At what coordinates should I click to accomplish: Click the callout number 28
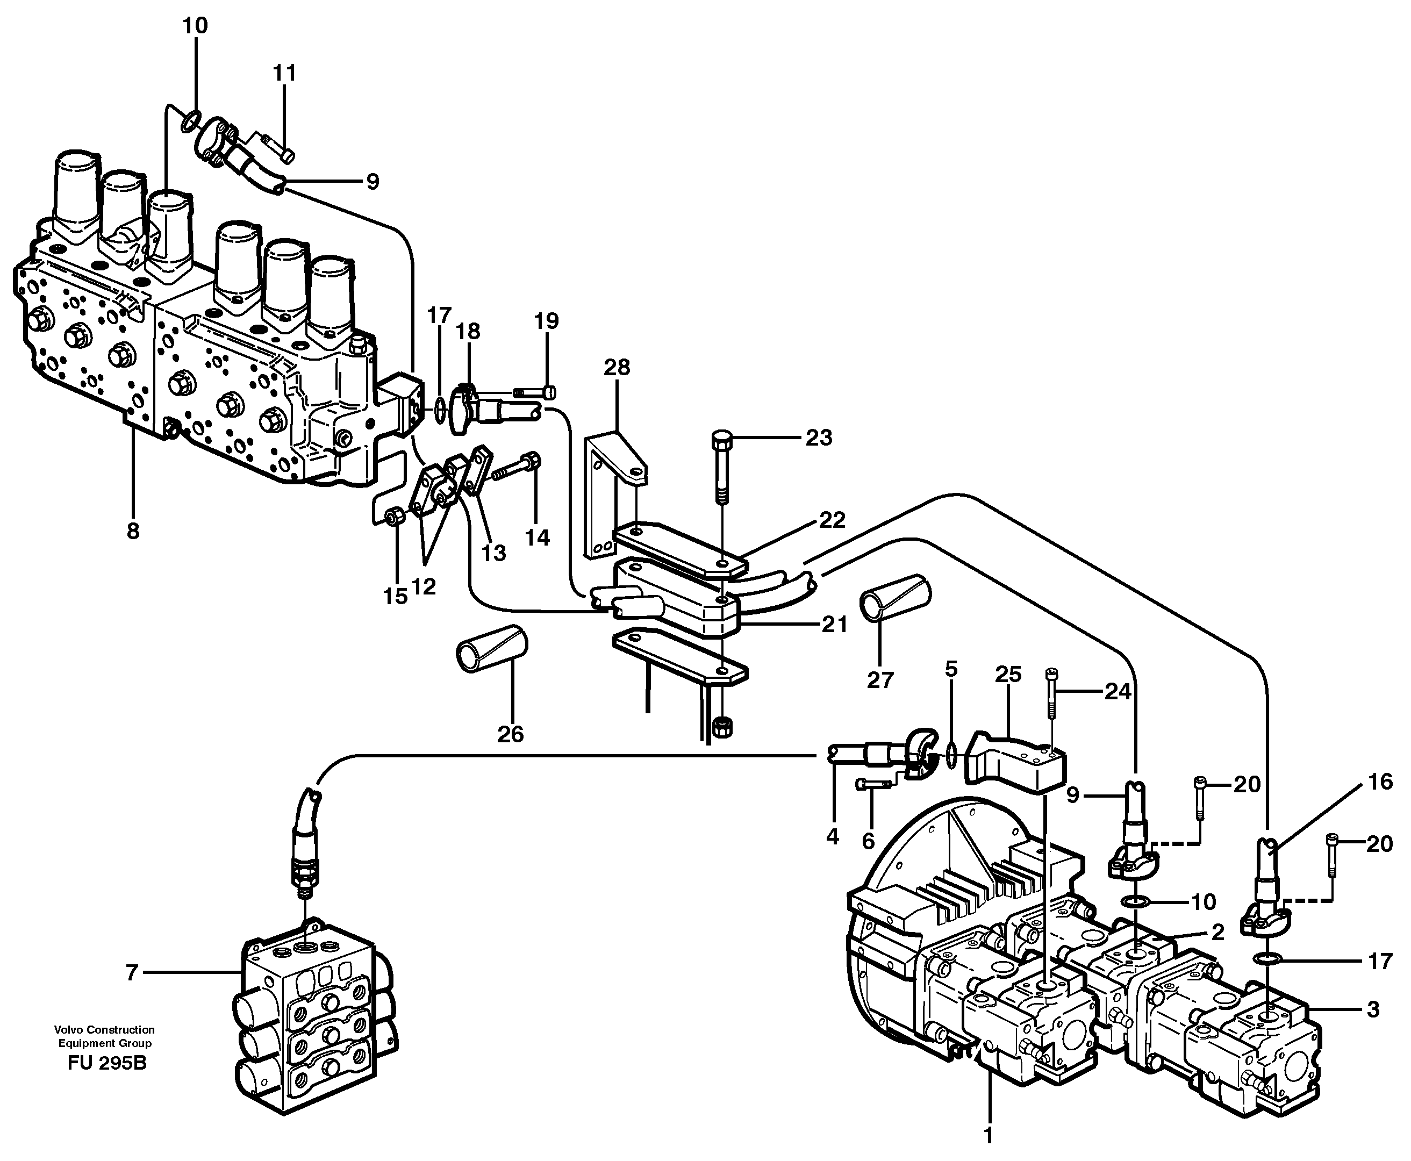tap(616, 367)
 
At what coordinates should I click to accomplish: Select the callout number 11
tap(284, 73)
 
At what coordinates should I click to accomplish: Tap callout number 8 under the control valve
tap(133, 531)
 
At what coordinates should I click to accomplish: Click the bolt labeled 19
tap(534, 392)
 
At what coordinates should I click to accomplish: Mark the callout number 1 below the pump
tap(988, 1135)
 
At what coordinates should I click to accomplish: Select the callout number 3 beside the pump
tap(1372, 1009)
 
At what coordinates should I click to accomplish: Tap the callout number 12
tap(424, 586)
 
